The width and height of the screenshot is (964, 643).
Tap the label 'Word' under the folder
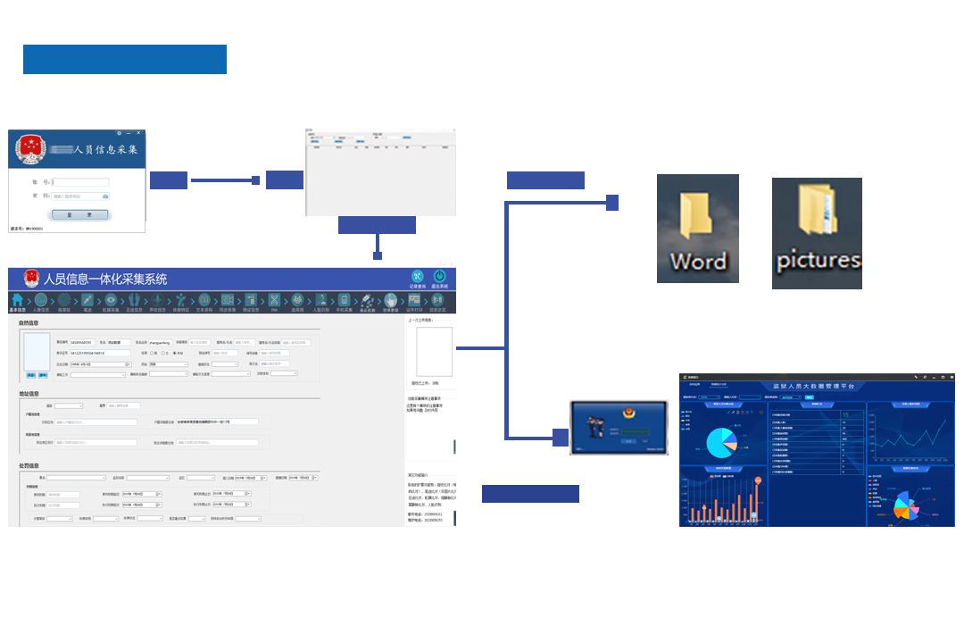[x=698, y=262]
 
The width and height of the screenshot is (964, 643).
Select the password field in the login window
[x=80, y=196]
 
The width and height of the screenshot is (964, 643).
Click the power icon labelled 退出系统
[x=438, y=277]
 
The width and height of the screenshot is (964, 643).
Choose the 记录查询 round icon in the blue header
[x=417, y=277]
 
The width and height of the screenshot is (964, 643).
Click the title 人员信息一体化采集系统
[x=105, y=279]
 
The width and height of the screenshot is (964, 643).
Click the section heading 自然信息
[x=29, y=322]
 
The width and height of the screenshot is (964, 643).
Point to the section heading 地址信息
[x=29, y=393]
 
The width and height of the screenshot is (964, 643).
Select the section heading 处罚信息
[x=29, y=465]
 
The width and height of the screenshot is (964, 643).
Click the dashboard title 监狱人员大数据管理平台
[x=813, y=386]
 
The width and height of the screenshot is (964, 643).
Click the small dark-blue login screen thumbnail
[x=619, y=428]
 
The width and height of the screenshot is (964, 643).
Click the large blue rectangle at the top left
[x=125, y=59]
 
